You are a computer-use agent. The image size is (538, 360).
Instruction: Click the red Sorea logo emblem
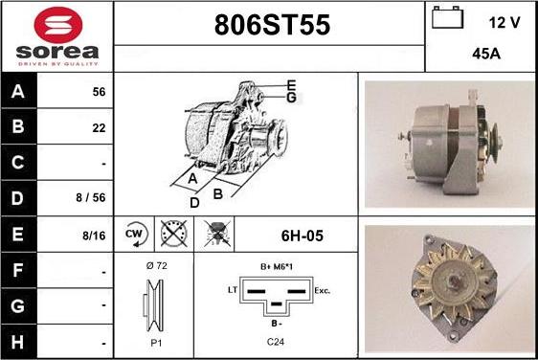58,25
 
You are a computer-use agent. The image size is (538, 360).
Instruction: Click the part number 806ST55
272,25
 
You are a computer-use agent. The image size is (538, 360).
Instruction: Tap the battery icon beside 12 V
447,17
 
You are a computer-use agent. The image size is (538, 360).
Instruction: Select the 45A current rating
486,54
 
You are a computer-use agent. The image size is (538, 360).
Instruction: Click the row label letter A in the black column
18,92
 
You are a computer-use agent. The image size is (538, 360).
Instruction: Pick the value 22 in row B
99,128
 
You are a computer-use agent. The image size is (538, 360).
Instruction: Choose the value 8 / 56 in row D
91,197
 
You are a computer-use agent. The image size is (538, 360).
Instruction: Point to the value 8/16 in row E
94,236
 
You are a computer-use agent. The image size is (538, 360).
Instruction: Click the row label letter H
17,342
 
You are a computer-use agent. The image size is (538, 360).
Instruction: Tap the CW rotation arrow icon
136,235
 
